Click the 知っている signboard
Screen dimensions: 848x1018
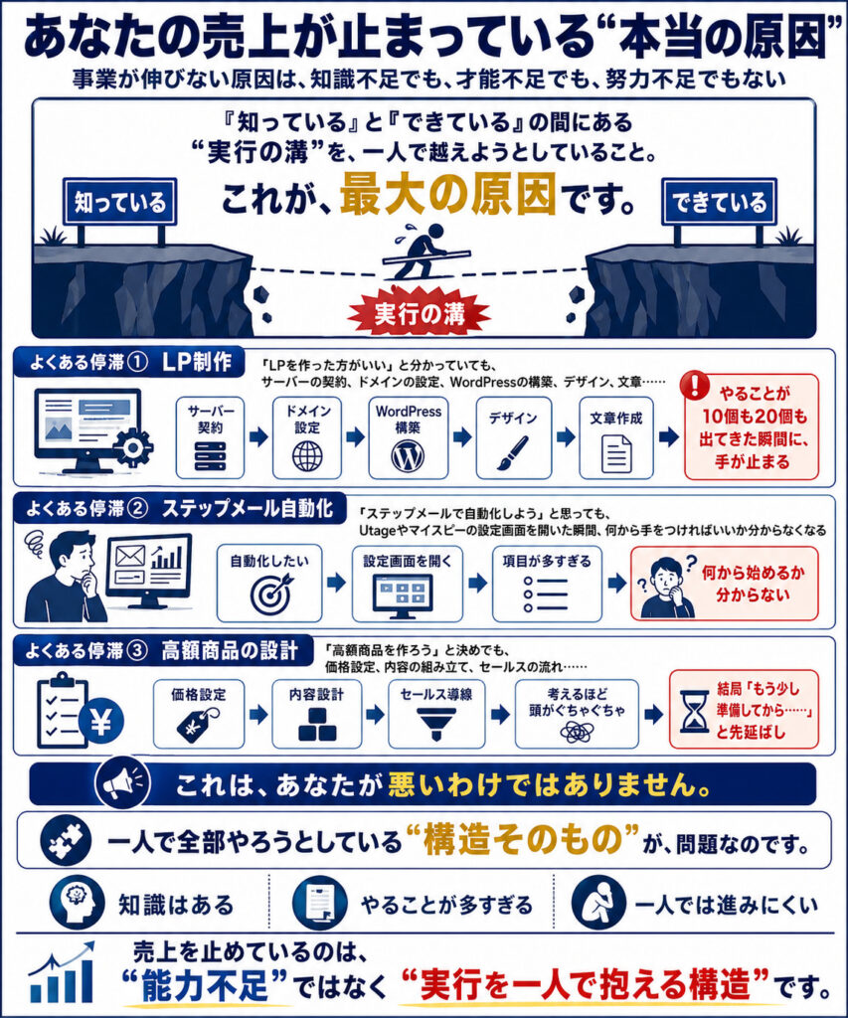120,202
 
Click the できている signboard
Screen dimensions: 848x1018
719,202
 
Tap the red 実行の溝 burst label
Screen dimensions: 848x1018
419,314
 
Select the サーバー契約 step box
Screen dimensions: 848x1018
211,437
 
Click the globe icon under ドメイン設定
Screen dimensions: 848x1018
307,456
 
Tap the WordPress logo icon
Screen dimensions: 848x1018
408,456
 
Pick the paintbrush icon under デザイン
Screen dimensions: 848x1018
513,452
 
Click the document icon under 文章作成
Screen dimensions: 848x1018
616,453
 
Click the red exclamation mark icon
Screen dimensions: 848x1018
695,386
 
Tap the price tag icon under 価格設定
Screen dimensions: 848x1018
198,724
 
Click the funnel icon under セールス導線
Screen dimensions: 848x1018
435,724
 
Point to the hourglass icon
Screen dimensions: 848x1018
694,712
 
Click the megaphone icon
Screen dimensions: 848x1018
122,783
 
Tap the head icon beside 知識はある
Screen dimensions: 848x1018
78,903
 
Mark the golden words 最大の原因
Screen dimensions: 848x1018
448,195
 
